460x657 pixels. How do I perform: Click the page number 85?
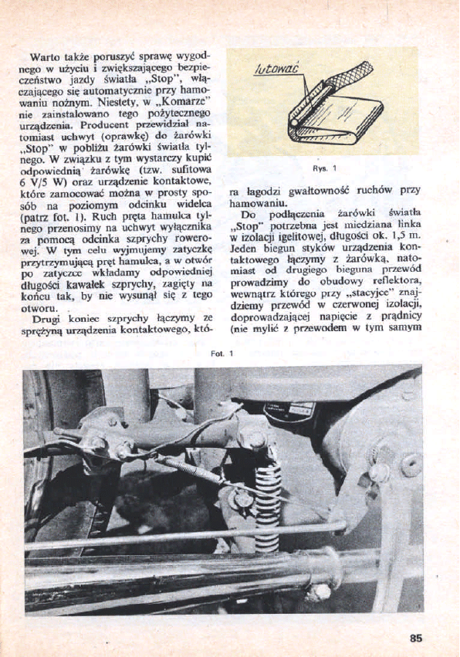(x=416, y=638)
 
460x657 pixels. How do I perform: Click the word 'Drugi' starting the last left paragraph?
(x=46, y=317)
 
